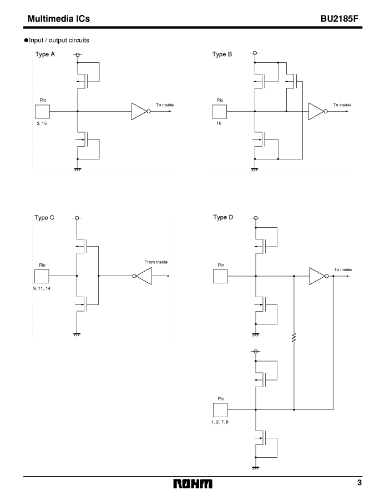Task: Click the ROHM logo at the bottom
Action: pos(192,484)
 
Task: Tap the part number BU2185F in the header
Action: pos(339,19)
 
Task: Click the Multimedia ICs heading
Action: pos(59,19)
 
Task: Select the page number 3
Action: pos(359,482)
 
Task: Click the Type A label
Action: pos(45,54)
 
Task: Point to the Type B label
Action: pos(222,54)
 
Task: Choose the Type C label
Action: pos(44,217)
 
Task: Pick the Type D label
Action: pos(223,217)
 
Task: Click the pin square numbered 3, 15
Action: pos(42,112)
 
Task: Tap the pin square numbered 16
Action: pos(220,112)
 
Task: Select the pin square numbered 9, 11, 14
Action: pos(42,276)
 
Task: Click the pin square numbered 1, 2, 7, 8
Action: pos(220,410)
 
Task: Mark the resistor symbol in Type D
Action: pos(293,338)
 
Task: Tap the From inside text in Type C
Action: pos(156,262)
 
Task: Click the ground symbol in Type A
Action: pos(77,169)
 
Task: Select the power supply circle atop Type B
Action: pos(255,53)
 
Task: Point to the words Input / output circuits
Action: pos(59,40)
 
